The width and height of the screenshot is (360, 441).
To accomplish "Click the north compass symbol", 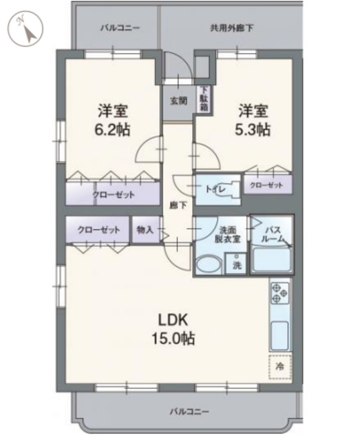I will [x=25, y=28].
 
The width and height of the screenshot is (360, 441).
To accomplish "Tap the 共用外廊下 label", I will [x=231, y=28].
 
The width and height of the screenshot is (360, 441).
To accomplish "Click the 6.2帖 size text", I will [x=114, y=130].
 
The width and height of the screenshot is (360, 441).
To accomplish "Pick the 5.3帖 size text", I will [x=254, y=130].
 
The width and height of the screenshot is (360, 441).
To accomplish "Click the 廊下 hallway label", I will [x=178, y=205].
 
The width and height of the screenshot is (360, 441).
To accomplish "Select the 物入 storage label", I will [x=144, y=229].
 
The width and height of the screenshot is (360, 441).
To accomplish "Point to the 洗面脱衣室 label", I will [x=228, y=234].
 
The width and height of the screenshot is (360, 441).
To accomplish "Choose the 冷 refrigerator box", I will [x=280, y=365].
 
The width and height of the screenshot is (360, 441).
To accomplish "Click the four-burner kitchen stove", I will [x=280, y=293].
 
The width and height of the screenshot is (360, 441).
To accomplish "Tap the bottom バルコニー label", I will [x=187, y=411].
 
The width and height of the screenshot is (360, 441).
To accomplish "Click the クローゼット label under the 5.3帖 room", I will [x=266, y=185].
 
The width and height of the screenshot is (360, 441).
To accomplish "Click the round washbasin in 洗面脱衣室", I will [x=206, y=265].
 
